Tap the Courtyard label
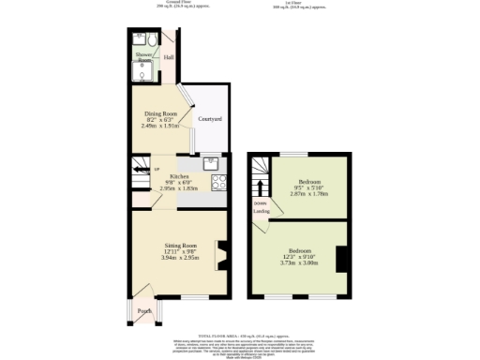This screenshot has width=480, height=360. tap(210, 120)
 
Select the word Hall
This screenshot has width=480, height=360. tap(169, 58)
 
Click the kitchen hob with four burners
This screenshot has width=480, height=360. tap(218, 184)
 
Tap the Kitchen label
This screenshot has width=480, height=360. tap(179, 177)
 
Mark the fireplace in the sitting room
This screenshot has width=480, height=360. tap(221, 254)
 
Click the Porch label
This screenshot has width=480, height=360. tap(145, 310)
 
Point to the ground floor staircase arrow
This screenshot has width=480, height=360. tap(141, 170)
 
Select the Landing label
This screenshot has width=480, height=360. tap(262, 211)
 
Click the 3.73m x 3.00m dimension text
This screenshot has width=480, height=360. tap(299, 263)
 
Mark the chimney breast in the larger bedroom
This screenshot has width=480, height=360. tap(343, 258)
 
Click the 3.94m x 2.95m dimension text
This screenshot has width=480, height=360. tap(179, 257)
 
